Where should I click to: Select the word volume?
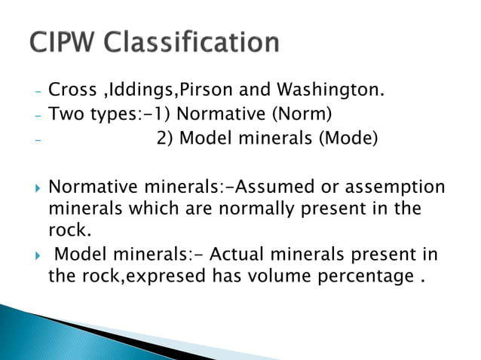(259, 276)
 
